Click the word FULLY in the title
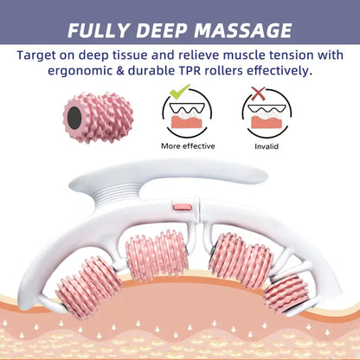click(x=98, y=30)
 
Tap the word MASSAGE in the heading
click(x=243, y=30)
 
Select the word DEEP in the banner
click(x=161, y=30)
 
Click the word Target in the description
click(x=36, y=55)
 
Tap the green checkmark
click(x=179, y=91)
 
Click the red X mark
click(x=259, y=93)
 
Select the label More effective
click(x=188, y=146)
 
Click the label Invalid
click(x=267, y=146)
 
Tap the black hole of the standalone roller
click(x=74, y=118)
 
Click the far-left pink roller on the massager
click(x=88, y=286)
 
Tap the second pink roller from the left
click(x=157, y=254)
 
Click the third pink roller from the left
click(x=241, y=260)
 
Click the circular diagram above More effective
click(x=187, y=113)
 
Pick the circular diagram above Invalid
click(x=267, y=113)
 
